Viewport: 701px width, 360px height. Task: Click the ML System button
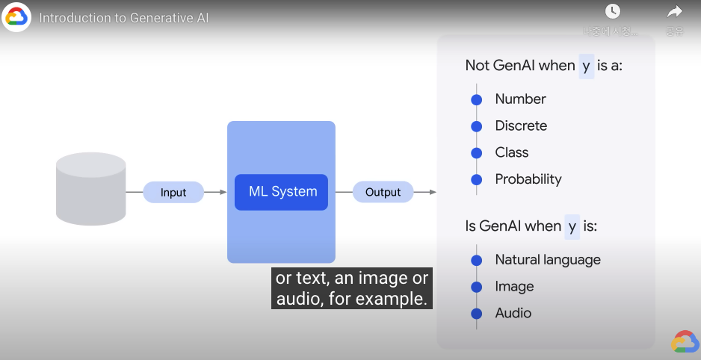282,192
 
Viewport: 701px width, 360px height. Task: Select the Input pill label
173,192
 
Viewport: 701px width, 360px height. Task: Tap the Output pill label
383,192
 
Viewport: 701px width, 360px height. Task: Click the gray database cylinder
91,188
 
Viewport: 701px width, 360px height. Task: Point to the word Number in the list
520,99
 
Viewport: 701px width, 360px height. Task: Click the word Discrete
521,125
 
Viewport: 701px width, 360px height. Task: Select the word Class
512,152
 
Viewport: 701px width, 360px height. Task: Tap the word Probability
528,179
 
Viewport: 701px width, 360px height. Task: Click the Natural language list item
548,260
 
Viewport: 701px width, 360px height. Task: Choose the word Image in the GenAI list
514,286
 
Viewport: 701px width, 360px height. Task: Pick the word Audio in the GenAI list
513,313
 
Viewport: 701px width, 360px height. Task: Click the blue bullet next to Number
476,99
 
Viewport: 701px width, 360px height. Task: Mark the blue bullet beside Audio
476,313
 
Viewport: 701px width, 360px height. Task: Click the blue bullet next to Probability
476,179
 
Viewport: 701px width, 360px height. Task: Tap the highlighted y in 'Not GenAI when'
586,66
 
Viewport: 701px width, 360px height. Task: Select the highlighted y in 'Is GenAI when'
572,226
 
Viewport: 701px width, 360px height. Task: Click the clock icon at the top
613,11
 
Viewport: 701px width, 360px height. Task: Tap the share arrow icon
675,11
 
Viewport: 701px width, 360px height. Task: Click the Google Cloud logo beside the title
16,17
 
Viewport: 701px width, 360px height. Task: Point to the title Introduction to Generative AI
123,17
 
